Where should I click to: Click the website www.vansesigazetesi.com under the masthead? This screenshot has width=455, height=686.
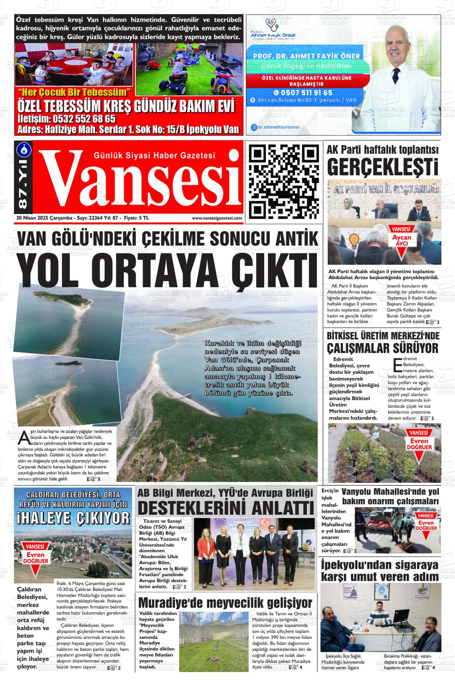(x=217, y=218)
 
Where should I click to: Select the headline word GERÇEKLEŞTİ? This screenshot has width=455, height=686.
(x=382, y=167)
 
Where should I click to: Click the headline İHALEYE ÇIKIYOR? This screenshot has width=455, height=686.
(x=73, y=518)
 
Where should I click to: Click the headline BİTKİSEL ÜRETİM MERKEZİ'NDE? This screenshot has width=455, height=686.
(x=383, y=335)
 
